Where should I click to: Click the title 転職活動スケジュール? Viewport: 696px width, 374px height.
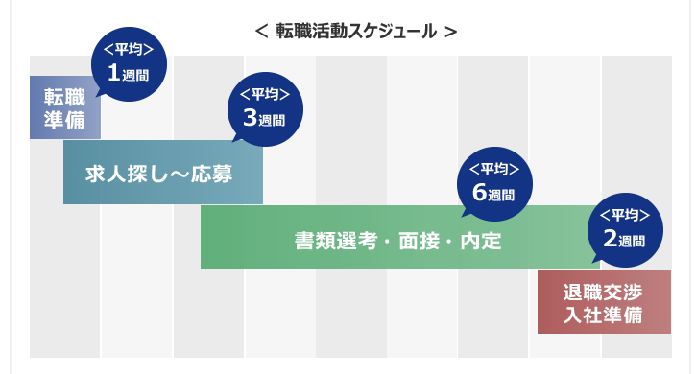pos(356,31)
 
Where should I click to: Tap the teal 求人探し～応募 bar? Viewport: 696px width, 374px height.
pos(161,173)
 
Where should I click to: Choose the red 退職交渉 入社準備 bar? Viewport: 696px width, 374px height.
pos(604,303)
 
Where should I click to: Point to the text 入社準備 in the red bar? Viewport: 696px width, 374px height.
pos(604,315)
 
